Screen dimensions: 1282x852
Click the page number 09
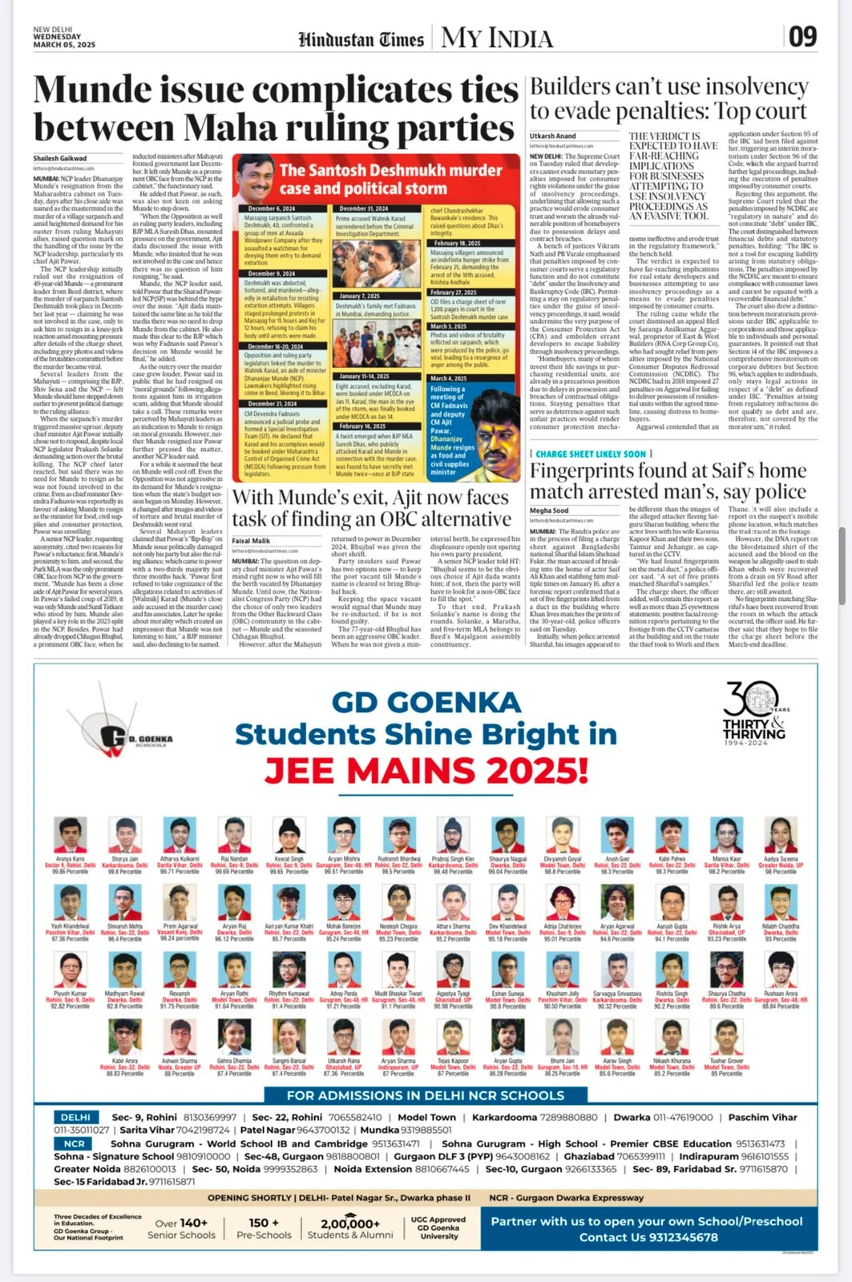pyautogui.click(x=802, y=37)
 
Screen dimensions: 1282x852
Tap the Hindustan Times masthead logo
pyautogui.click(x=361, y=39)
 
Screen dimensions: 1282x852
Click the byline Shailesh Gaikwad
pyautogui.click(x=60, y=159)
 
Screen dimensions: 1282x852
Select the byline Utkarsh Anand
pyautogui.click(x=552, y=136)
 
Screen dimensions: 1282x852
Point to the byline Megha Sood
pyautogui.click(x=549, y=510)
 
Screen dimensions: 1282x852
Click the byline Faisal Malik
pyautogui.click(x=251, y=542)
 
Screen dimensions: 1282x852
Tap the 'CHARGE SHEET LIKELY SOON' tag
pyautogui.click(x=591, y=454)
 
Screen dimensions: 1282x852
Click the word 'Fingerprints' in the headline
pyautogui.click(x=588, y=470)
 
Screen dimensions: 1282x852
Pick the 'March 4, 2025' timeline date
pyautogui.click(x=449, y=378)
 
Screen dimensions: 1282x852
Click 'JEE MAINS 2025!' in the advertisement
pyautogui.click(x=426, y=772)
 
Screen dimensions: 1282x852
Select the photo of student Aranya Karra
pyautogui.click(x=70, y=835)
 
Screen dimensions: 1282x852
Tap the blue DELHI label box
pyautogui.click(x=76, y=1117)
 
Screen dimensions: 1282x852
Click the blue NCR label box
pyautogui.click(x=75, y=1144)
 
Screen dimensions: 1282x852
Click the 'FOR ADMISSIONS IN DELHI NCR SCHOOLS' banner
pyautogui.click(x=425, y=1095)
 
